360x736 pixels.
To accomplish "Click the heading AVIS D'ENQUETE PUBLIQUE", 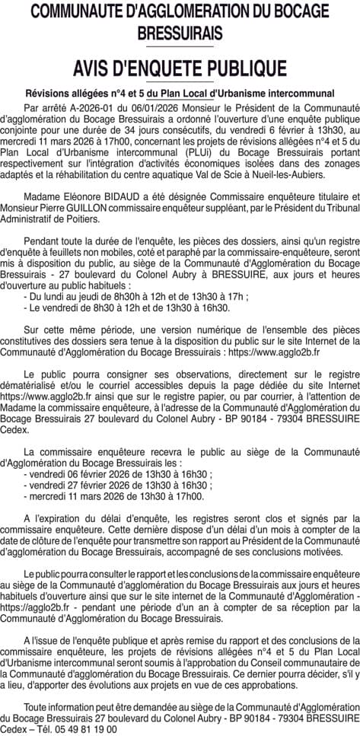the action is coord(180,69).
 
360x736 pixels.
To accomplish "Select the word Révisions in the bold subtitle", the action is coord(51,92).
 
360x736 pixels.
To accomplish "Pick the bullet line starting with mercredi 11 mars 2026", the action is coord(114,496).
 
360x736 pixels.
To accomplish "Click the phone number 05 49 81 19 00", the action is coord(79,728).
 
